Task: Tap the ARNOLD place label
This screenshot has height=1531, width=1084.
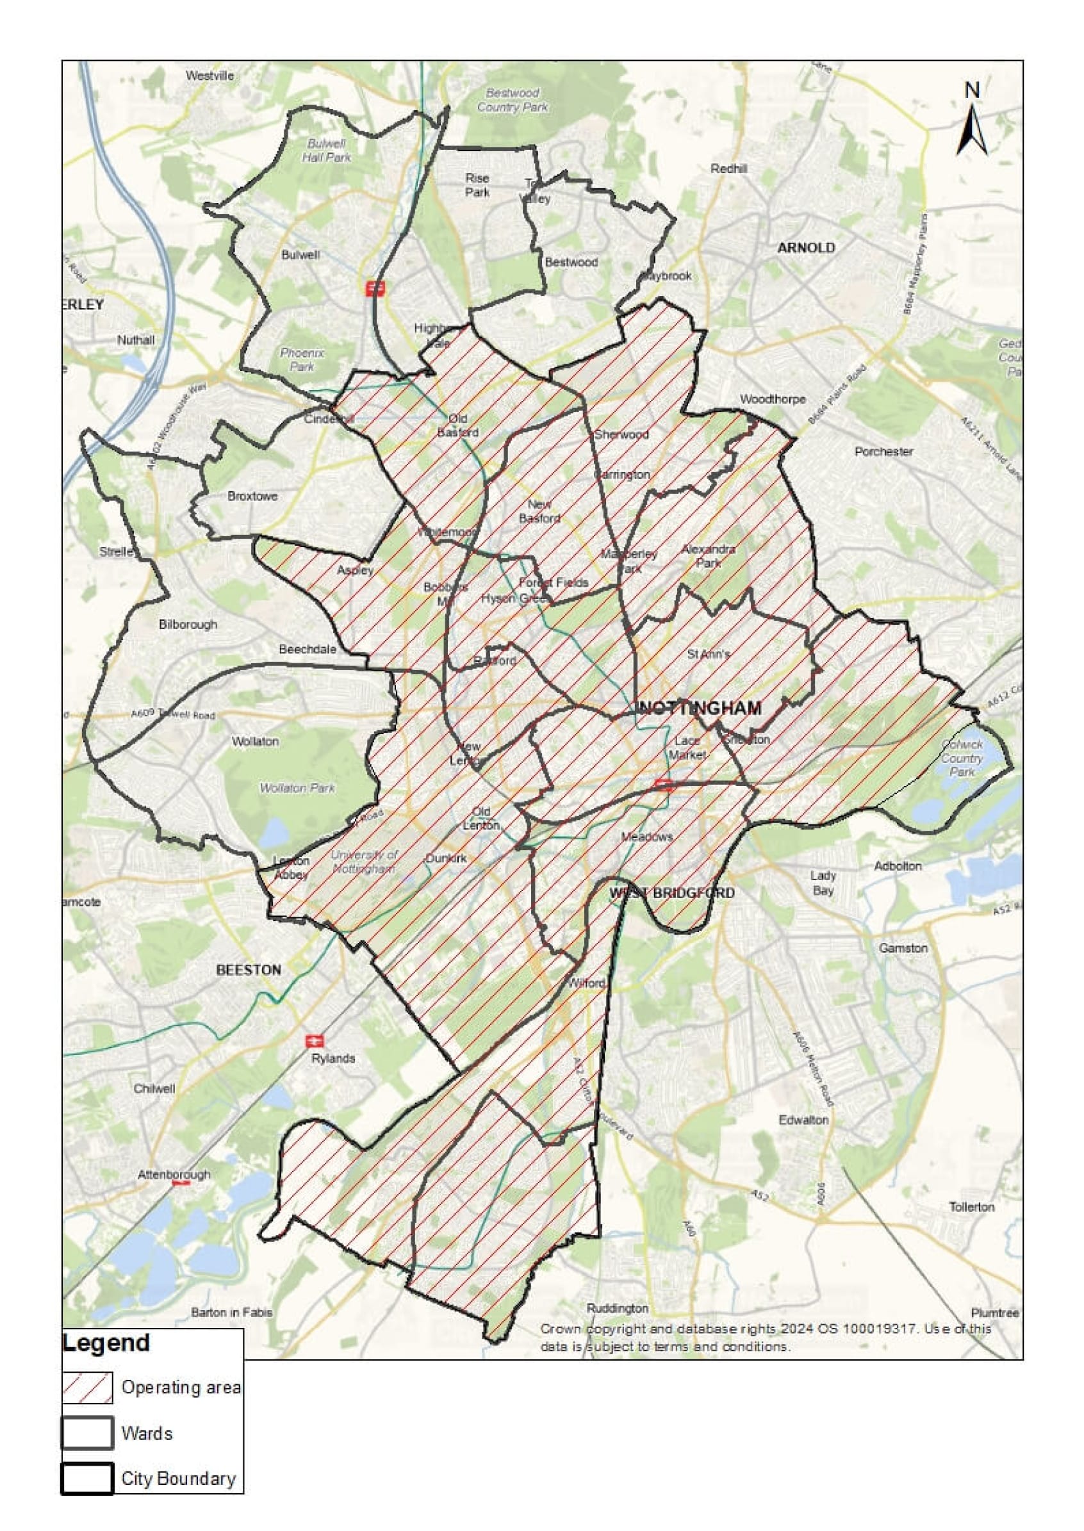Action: click(x=806, y=248)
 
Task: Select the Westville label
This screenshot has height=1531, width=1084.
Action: click(x=209, y=76)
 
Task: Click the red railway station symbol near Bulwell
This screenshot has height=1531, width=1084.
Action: click(x=374, y=289)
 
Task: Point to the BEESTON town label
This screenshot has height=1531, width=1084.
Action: click(x=249, y=970)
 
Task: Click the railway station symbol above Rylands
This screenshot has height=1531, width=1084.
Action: click(x=315, y=1041)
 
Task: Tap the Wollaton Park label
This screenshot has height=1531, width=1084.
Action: click(x=297, y=788)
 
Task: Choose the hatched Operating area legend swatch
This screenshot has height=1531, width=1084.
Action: click(x=87, y=1388)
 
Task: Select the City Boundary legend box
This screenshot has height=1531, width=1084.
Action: click(x=87, y=1478)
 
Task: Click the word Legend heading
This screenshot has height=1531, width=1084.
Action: click(x=106, y=1343)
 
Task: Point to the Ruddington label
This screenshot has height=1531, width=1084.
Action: click(x=618, y=1308)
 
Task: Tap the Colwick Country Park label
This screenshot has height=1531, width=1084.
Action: click(x=962, y=758)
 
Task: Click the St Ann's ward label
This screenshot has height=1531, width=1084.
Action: click(x=708, y=655)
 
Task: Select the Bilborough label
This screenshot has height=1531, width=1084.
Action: click(x=188, y=625)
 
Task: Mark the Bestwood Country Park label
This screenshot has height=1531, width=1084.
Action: click(x=512, y=100)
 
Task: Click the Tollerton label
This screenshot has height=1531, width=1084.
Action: click(x=971, y=1207)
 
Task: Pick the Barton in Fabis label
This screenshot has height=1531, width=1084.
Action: click(x=232, y=1312)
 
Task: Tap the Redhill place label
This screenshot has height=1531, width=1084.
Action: click(x=728, y=169)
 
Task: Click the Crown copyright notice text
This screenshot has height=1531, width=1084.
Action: click(x=766, y=1338)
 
